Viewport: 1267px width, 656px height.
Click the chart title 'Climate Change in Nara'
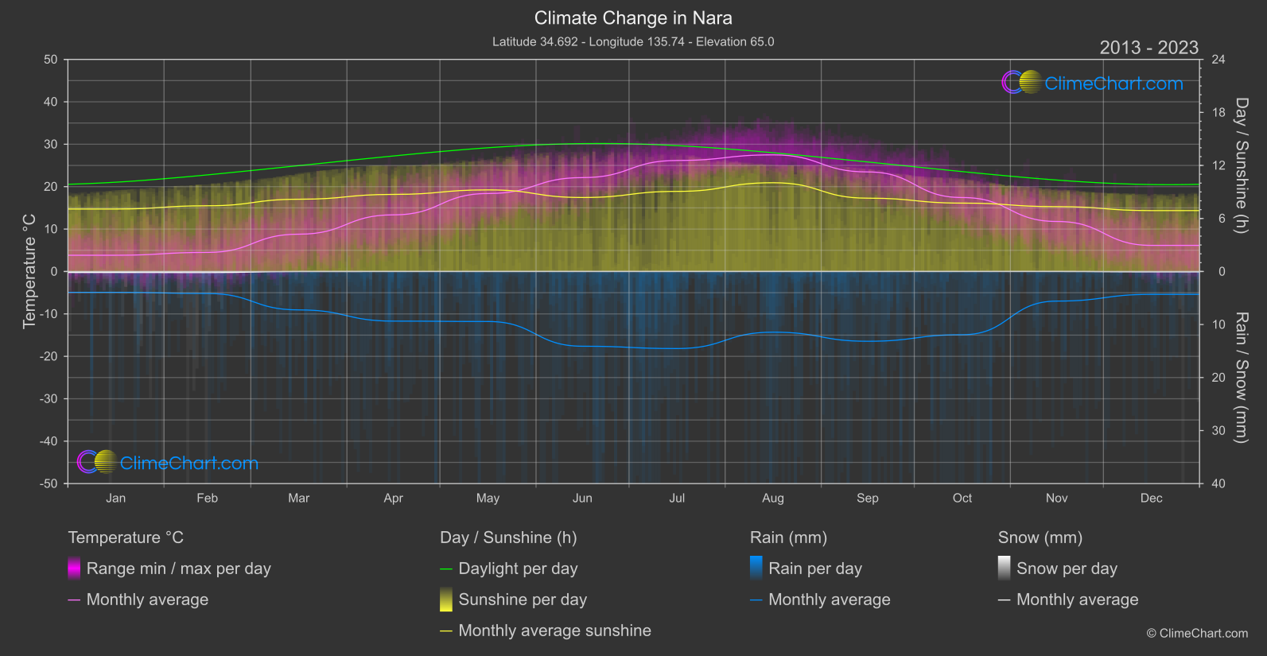(633, 18)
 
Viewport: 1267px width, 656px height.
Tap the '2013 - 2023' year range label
(1148, 48)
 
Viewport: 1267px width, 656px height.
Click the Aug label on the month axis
(772, 499)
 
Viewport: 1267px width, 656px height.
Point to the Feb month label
(207, 499)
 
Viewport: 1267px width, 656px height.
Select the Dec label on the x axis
(1151, 499)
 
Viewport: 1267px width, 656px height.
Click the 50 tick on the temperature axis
(51, 60)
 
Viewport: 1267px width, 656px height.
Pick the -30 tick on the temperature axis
(49, 399)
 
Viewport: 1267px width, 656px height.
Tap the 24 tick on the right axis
(1218, 60)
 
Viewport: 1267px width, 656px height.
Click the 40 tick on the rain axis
(1218, 483)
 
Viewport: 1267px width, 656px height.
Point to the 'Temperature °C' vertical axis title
(29, 271)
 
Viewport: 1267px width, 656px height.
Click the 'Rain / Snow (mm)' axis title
(1242, 377)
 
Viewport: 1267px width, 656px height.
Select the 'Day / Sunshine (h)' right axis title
(1242, 165)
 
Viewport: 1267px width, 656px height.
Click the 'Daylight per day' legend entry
(518, 569)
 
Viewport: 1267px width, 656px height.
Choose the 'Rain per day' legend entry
(814, 569)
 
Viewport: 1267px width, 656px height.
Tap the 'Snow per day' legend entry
(1067, 569)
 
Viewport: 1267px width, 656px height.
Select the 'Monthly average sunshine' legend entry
(554, 631)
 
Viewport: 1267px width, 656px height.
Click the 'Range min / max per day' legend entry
(178, 569)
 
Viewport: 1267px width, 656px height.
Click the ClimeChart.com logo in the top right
(1092, 83)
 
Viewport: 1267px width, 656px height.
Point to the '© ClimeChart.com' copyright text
(1197, 634)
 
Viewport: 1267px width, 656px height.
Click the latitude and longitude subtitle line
(633, 41)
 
